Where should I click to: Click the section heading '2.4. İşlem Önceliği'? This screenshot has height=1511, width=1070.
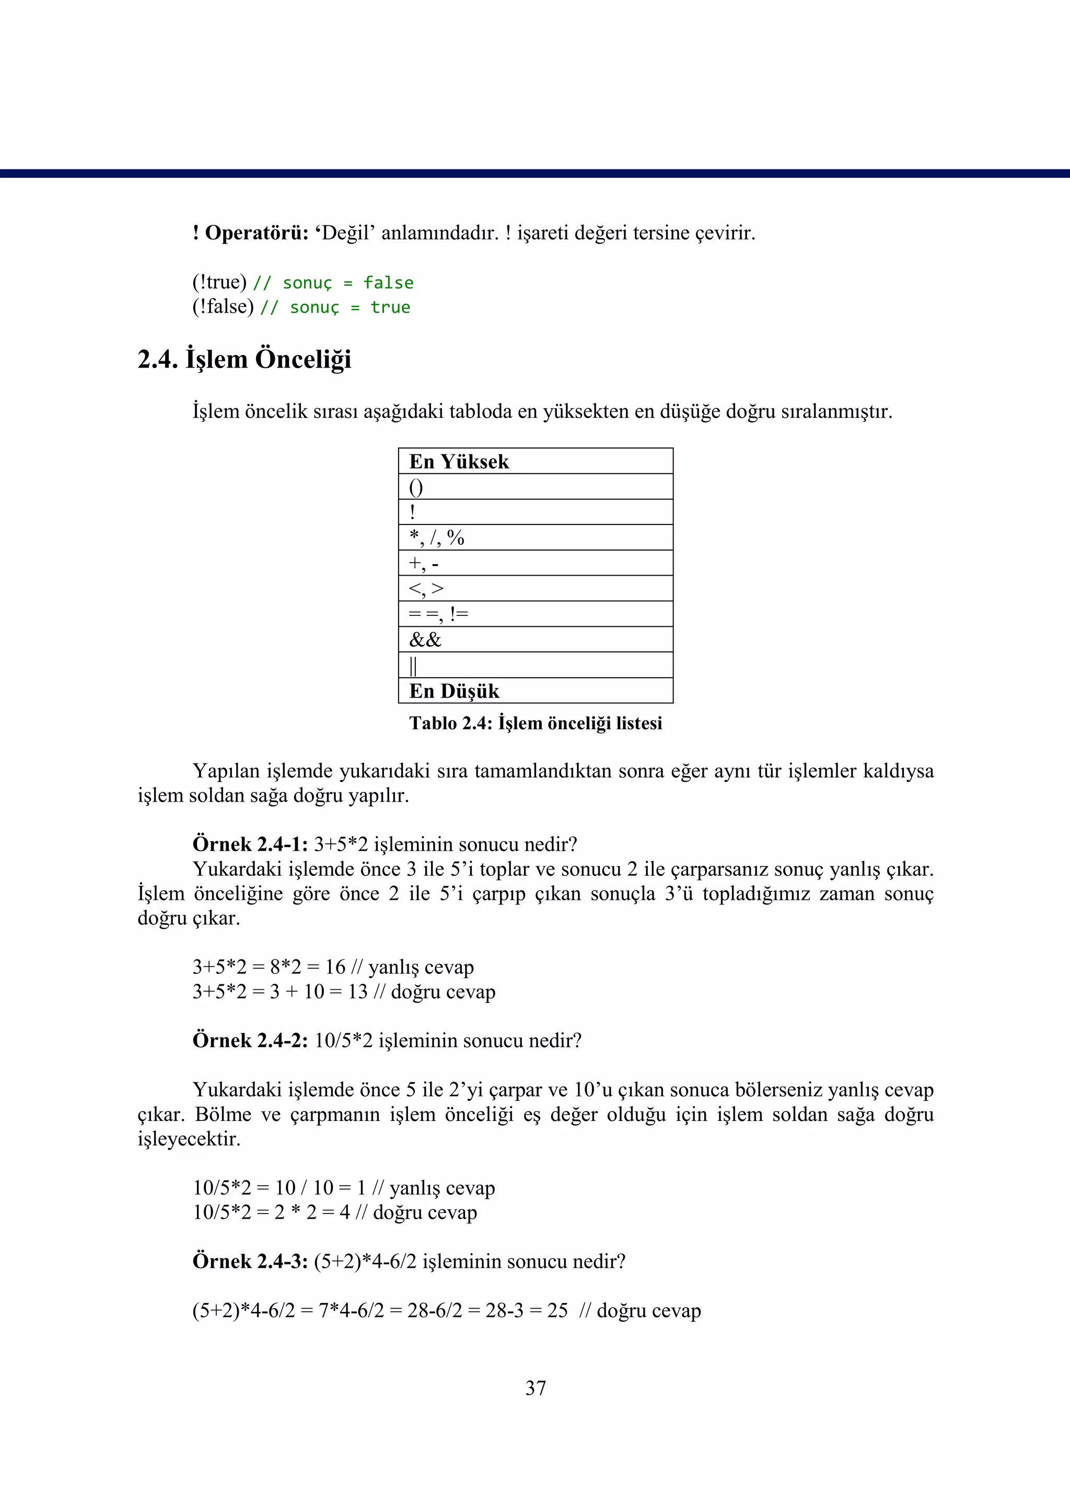pos(244,359)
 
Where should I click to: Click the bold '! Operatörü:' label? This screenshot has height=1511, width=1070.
pos(250,233)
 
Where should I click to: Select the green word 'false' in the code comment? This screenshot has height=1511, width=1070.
pos(388,283)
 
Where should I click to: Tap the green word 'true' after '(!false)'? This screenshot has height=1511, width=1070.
pos(390,307)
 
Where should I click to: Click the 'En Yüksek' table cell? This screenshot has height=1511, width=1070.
pos(535,462)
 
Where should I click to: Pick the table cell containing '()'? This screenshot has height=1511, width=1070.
pos(535,487)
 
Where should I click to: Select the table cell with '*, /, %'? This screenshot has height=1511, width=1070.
pos(535,538)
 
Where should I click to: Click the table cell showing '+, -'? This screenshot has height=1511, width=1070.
pos(535,564)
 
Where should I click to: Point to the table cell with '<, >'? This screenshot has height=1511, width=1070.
pos(535,589)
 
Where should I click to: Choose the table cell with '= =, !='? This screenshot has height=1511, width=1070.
pos(535,614)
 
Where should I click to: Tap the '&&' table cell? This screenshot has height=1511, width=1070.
pos(535,640)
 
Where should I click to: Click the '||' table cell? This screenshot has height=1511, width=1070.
pos(535,665)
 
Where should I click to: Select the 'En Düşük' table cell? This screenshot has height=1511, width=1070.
pos(535,691)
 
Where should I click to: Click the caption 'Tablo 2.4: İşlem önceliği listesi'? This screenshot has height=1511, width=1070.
pos(535,723)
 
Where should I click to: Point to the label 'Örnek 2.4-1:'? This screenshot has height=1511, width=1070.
pos(250,844)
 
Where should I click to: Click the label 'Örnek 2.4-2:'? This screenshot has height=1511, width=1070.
pos(250,1040)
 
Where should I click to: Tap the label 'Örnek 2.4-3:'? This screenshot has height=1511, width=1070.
pos(250,1261)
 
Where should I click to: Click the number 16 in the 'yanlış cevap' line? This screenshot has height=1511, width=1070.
pos(335,967)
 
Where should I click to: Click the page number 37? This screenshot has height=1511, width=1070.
pos(535,1388)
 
